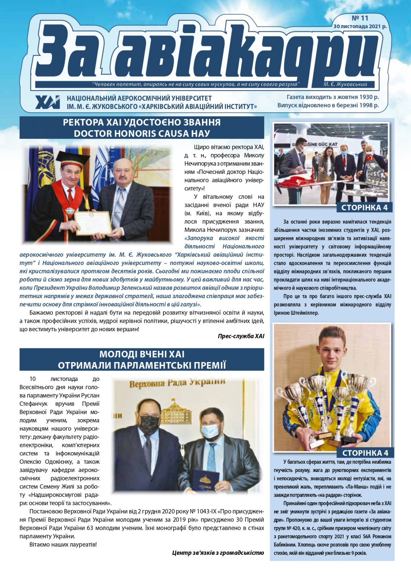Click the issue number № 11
(360, 18)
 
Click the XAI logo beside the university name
(48, 102)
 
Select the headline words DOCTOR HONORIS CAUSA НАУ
(142, 133)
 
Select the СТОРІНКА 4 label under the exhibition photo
(365, 208)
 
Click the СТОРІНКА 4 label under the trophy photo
(365, 453)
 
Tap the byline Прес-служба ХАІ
(241, 336)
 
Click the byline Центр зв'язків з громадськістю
(218, 553)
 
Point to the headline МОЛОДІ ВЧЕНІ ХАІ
(142, 354)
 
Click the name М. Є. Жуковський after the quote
(345, 84)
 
